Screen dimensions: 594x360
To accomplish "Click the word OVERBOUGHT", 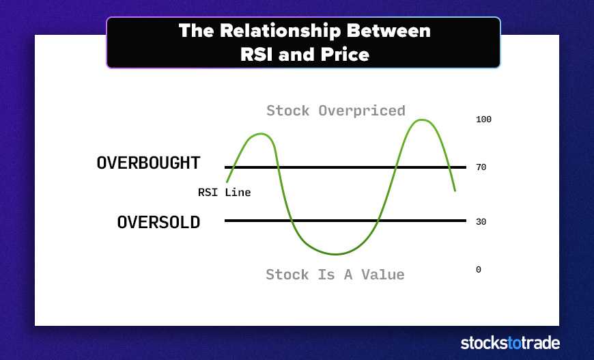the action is click(x=148, y=163).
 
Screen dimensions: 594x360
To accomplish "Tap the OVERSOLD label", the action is click(x=158, y=222).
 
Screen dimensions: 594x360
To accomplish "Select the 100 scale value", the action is click(x=483, y=120).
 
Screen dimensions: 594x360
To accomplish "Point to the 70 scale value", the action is click(x=481, y=167).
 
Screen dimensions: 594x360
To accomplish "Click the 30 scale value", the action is click(x=481, y=222).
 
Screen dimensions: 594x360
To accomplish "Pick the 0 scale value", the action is click(x=479, y=269).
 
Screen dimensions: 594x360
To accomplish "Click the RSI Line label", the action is click(x=224, y=193).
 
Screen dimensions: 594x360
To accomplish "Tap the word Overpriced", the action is click(x=362, y=111).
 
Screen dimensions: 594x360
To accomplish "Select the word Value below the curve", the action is click(x=383, y=275).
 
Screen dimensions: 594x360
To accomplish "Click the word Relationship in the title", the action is click(x=281, y=31).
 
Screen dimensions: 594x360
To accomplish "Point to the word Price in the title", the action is click(x=345, y=55).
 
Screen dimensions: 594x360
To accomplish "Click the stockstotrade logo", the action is click(x=510, y=343).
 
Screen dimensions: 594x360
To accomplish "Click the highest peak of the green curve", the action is click(x=422, y=120).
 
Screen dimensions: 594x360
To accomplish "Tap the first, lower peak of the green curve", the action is click(x=261, y=134).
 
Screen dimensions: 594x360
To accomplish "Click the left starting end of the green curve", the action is click(x=227, y=182).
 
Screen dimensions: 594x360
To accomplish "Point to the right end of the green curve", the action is click(x=455, y=190).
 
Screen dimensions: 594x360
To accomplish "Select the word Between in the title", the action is click(x=388, y=31).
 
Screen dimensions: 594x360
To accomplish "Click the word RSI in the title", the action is click(x=256, y=55).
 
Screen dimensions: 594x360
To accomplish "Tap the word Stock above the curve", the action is click(x=288, y=111).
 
